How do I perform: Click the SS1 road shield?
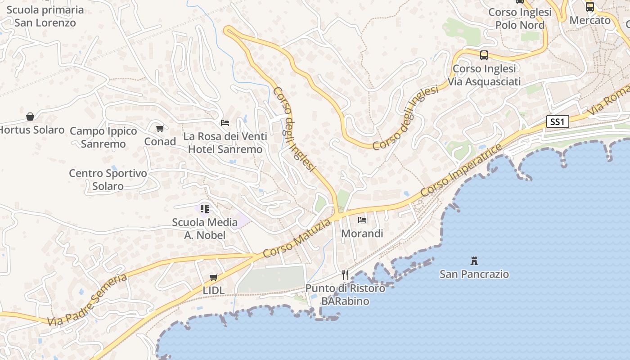(558, 121)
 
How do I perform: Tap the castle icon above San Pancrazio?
(474, 261)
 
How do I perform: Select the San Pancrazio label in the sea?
(474, 274)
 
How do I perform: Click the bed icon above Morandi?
(362, 220)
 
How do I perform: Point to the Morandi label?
(362, 234)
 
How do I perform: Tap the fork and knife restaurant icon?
(345, 274)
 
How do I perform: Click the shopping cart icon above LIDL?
(214, 277)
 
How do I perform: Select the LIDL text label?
(214, 291)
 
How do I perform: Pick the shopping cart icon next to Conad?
(160, 128)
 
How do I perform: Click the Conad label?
(160, 141)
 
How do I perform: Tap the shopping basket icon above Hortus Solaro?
(30, 117)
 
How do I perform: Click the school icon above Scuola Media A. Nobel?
(205, 208)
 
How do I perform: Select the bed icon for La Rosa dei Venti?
(225, 122)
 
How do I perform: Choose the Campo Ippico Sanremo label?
(103, 137)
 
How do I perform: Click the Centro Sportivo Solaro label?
(108, 180)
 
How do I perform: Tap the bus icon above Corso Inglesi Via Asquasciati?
(484, 55)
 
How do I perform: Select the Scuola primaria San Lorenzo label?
(45, 16)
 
